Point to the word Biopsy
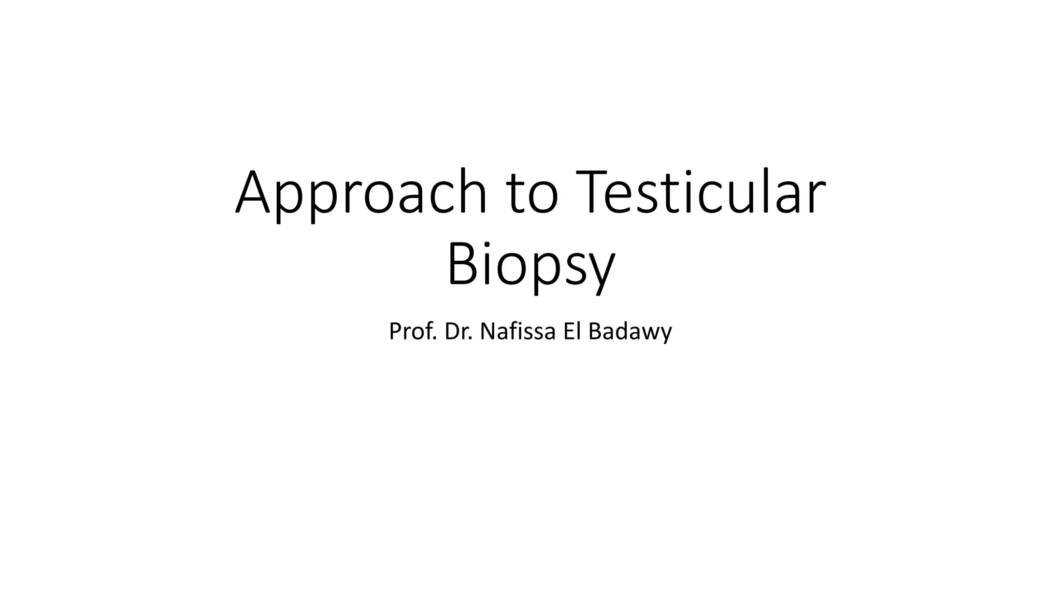click(x=530, y=265)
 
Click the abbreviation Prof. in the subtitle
click(x=413, y=331)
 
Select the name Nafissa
click(x=518, y=331)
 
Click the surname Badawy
click(x=630, y=332)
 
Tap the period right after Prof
click(x=435, y=339)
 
